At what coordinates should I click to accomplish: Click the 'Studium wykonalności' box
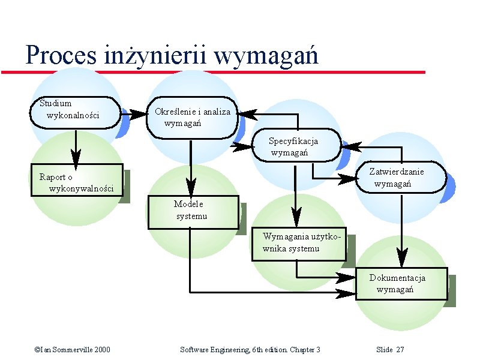[x=75, y=112]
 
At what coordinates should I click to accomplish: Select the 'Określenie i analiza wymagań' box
[x=191, y=116]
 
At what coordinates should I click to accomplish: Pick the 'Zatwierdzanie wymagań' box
[x=401, y=178]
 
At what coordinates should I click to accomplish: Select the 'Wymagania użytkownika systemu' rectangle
[x=298, y=244]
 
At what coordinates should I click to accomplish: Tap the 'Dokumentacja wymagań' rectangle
[x=401, y=283]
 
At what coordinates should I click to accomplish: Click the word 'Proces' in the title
[x=61, y=56]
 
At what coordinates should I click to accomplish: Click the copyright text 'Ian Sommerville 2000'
[x=74, y=350]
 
